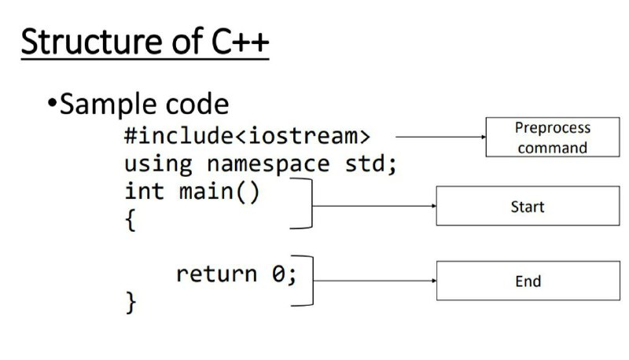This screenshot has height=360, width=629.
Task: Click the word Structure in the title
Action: pos(92,42)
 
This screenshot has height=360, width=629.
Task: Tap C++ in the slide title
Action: pos(240,42)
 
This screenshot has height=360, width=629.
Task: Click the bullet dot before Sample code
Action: pos(52,103)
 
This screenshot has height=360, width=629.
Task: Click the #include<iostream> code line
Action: pos(247,135)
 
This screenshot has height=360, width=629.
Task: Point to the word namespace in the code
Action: pos(268,163)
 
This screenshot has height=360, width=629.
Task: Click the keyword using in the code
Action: pos(158,165)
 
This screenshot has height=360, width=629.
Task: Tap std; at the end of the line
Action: pos(370,163)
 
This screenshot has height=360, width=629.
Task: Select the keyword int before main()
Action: pos(145,191)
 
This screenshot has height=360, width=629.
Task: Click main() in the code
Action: pos(219,192)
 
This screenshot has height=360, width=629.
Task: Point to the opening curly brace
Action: pos(131,219)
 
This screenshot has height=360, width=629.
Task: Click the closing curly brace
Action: pos(131,303)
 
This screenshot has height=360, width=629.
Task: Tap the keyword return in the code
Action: pos(217,274)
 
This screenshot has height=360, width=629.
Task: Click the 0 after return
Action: pos(278,274)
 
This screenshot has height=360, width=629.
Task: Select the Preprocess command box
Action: pos(553,137)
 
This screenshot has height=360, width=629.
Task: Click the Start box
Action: pos(528,206)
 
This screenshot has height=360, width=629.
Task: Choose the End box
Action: pos(528,281)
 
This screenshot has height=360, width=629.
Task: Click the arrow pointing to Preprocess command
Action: pos(440,137)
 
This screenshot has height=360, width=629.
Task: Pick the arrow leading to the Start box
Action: pos(374,206)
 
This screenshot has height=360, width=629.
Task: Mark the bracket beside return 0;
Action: pos(312,281)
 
